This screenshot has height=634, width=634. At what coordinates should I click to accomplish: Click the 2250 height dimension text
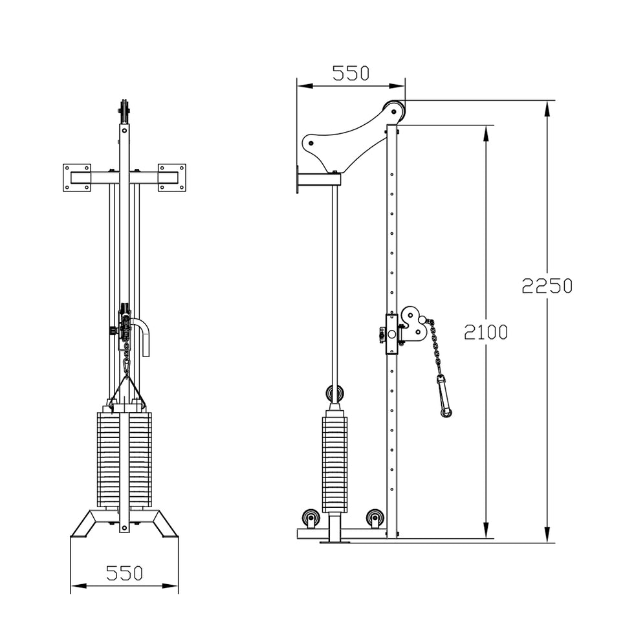pyautogui.click(x=547, y=285)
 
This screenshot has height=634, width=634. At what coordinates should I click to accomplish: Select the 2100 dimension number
pyautogui.click(x=486, y=332)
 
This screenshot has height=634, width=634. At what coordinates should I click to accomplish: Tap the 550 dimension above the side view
pyautogui.click(x=351, y=73)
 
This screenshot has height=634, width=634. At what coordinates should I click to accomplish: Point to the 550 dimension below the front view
pyautogui.click(x=124, y=573)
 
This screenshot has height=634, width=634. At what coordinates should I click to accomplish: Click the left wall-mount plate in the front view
pyautogui.click(x=77, y=177)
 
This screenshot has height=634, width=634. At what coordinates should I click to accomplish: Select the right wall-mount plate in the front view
pyautogui.click(x=171, y=177)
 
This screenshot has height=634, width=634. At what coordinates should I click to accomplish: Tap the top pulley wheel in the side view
pyautogui.click(x=394, y=111)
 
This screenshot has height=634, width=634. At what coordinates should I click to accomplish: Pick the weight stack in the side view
pyautogui.click(x=334, y=455)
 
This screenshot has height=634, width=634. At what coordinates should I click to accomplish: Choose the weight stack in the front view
pyautogui.click(x=124, y=459)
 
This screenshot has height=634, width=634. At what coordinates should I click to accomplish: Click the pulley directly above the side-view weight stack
pyautogui.click(x=334, y=394)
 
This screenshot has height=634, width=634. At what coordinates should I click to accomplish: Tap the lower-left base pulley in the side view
pyautogui.click(x=311, y=518)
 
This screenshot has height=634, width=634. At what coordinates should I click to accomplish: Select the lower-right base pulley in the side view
pyautogui.click(x=374, y=518)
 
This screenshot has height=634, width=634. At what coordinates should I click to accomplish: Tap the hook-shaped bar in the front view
pyautogui.click(x=144, y=335)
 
